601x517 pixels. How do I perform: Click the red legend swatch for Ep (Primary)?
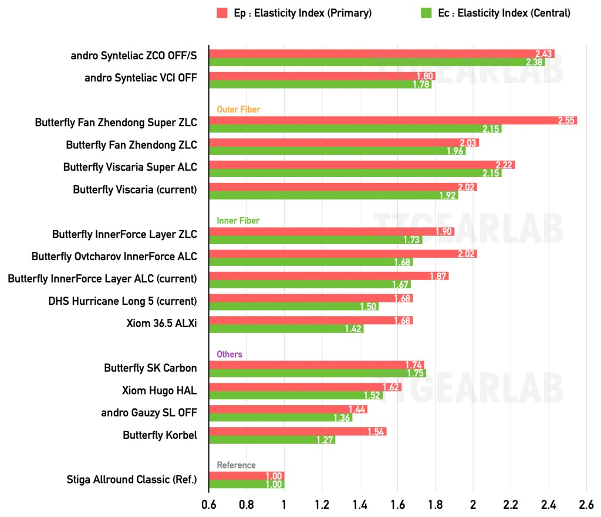click(x=222, y=13)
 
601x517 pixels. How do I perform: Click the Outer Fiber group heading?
click(x=238, y=109)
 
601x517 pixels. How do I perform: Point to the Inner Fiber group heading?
click(x=238, y=220)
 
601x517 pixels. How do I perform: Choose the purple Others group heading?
click(x=229, y=354)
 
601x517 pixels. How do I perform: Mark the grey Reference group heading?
click(x=236, y=465)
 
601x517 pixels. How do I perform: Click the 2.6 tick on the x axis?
click(x=586, y=504)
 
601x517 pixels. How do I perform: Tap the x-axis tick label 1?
click(x=284, y=504)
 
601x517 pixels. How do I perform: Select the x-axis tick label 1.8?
click(x=435, y=504)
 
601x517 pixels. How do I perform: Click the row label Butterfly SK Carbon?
click(x=150, y=368)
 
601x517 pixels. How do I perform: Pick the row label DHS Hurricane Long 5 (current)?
click(x=123, y=301)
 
